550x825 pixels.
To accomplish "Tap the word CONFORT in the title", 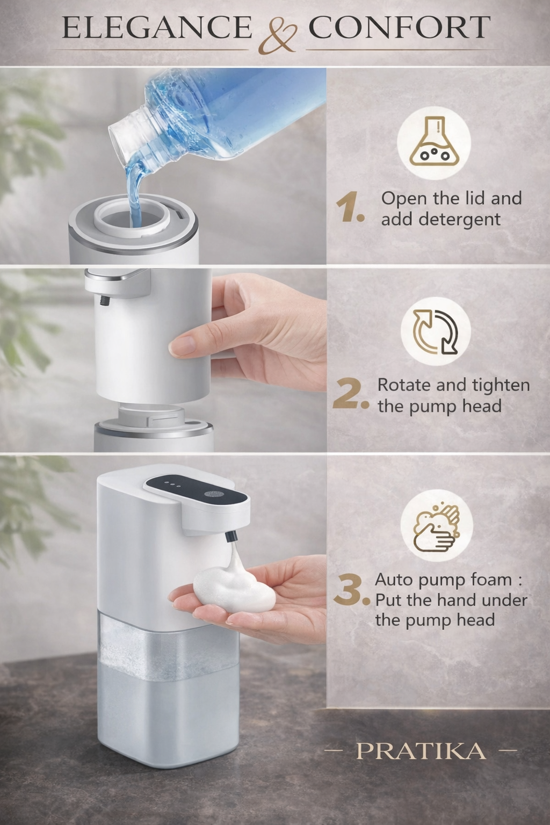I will tap(399, 28).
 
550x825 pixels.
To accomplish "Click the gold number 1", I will tap(349, 208).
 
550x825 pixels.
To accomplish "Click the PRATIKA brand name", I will tap(421, 751).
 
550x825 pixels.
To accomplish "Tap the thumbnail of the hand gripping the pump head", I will tap(181, 345).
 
